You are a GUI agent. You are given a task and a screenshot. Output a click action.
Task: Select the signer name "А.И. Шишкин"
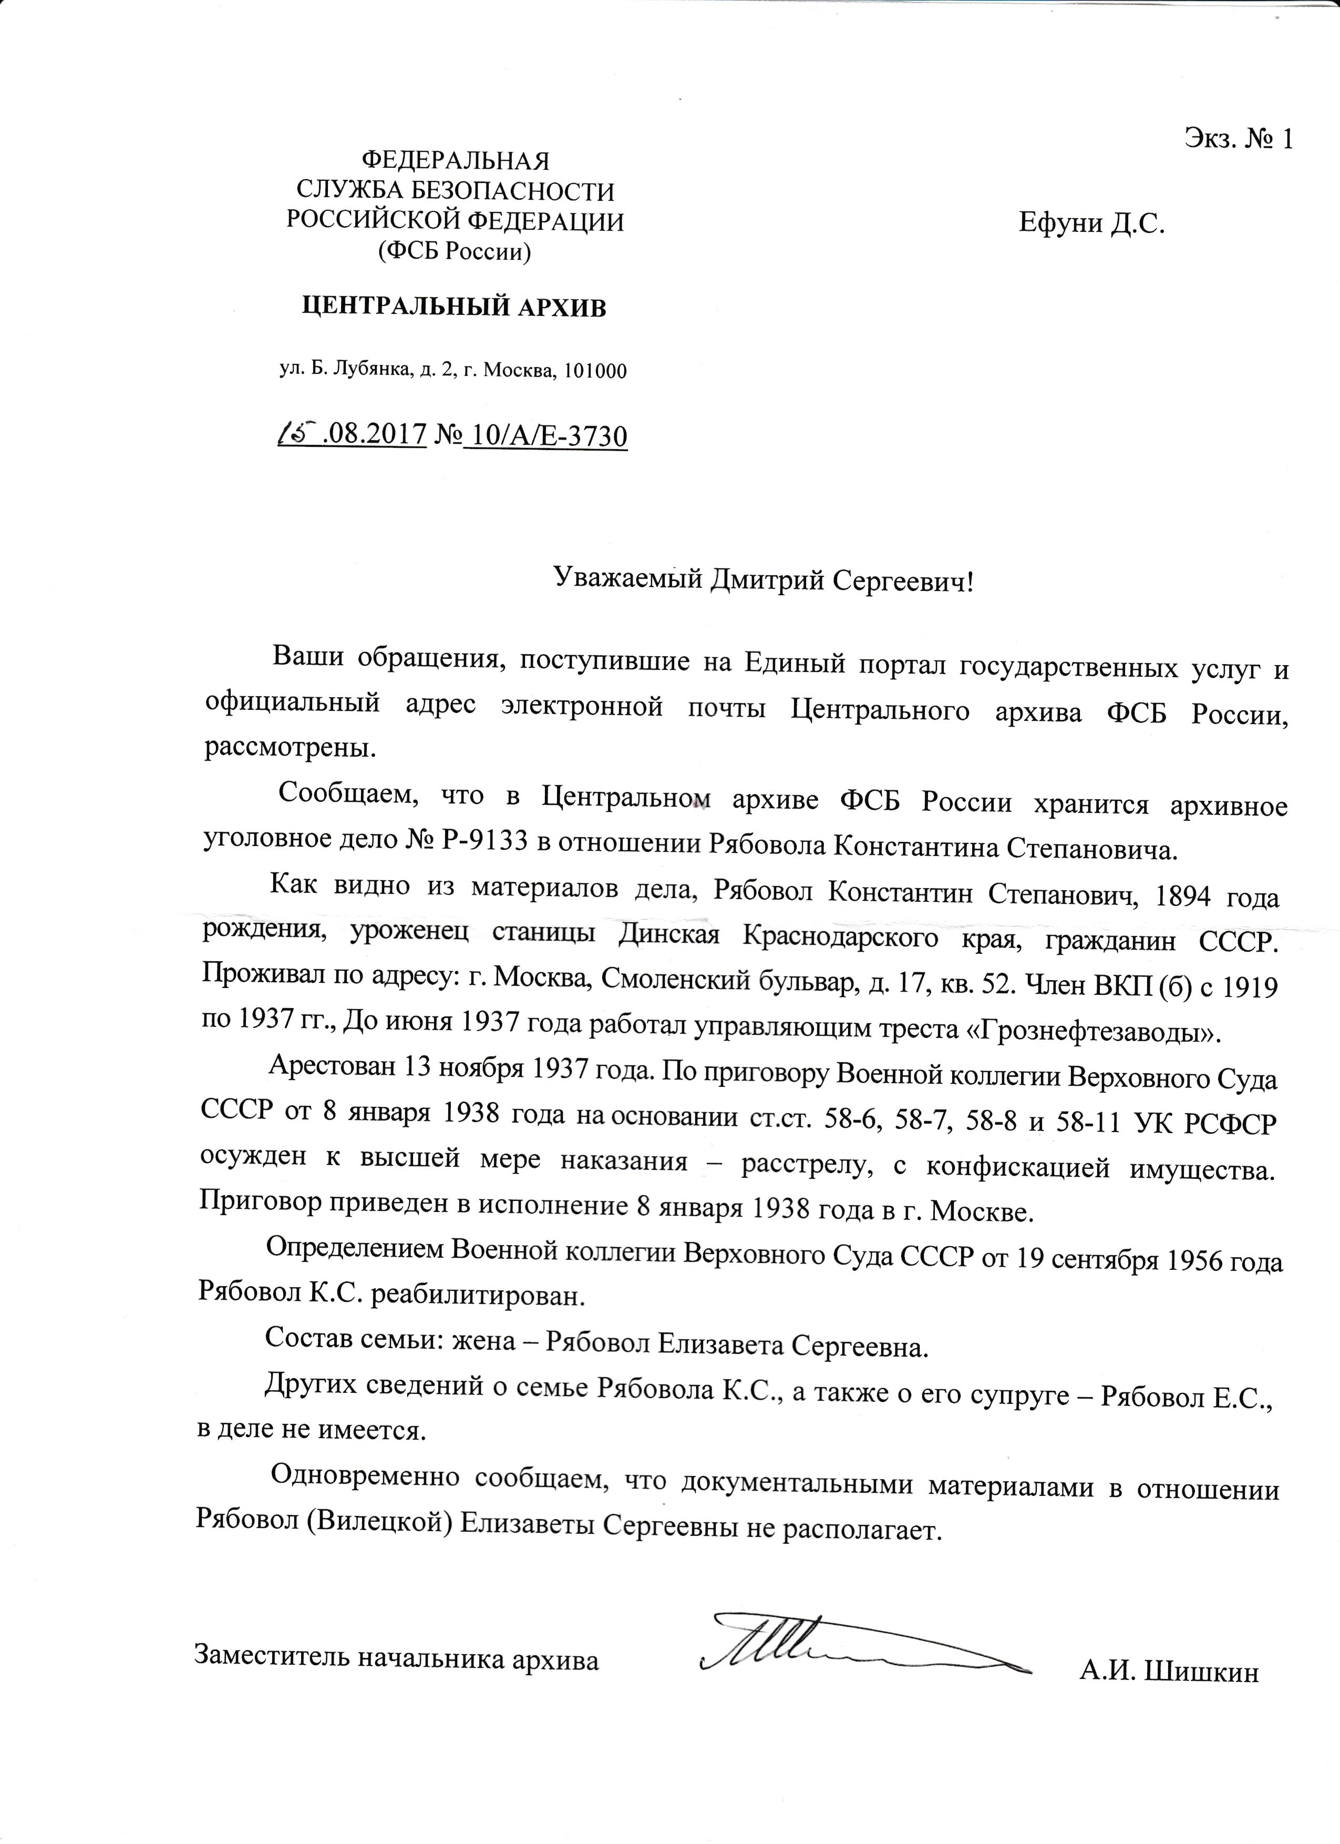coord(1169,1657)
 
